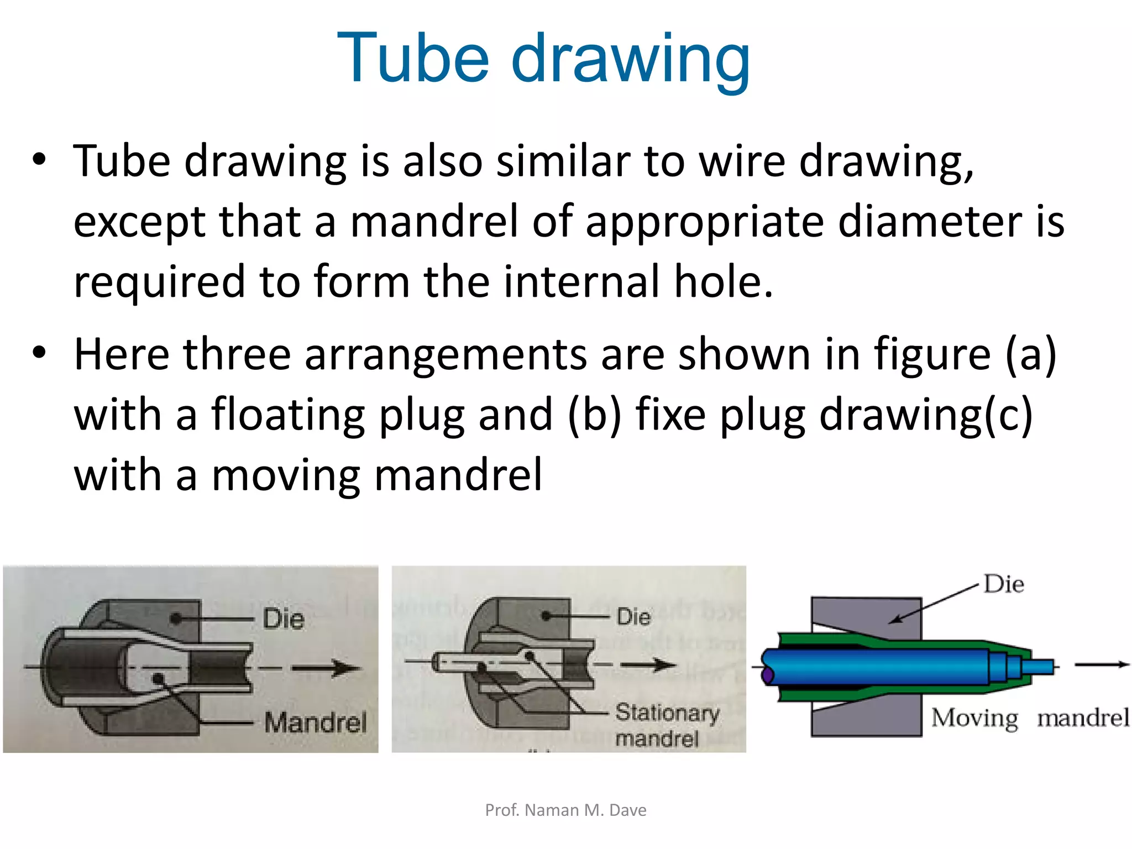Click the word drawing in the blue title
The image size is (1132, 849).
631,60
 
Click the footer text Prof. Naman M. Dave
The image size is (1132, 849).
565,810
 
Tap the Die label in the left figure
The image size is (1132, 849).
283,619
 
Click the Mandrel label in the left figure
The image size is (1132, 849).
315,722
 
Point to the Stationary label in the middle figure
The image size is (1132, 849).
667,713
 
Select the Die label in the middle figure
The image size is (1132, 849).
633,616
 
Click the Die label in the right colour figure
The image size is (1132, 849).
1004,584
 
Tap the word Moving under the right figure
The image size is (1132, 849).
974,718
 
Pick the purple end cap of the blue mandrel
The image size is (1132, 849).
767,674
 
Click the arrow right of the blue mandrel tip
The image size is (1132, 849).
1101,664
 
